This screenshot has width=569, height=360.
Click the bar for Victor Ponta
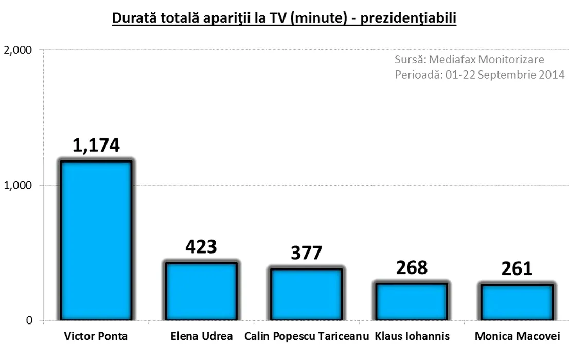96,241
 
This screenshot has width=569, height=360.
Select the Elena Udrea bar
201,292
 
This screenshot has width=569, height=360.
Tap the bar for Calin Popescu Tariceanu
306,295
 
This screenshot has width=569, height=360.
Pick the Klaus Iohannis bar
411,302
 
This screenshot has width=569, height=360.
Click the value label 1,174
96,145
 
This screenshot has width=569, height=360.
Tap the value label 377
306,253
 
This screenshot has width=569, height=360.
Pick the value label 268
412,267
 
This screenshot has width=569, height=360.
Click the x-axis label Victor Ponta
96,337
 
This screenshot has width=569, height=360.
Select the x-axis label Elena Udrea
201,337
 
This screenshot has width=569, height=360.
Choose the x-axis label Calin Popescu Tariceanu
307,337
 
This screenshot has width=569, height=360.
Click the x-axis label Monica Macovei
517,337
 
